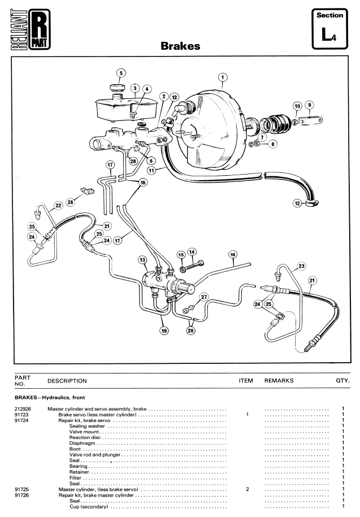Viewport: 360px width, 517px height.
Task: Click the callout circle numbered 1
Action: (223, 77)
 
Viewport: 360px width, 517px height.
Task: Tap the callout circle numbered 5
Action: (121, 73)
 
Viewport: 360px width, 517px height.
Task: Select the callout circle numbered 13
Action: (142, 260)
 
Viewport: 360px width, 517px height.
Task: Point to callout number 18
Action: (233, 254)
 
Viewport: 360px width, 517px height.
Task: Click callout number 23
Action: (301, 266)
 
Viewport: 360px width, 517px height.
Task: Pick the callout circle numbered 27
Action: (204, 297)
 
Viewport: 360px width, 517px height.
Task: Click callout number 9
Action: (309, 105)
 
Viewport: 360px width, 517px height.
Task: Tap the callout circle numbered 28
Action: (133, 161)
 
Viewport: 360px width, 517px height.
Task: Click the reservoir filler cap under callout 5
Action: (117, 88)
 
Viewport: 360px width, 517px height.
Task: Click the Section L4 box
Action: (329, 29)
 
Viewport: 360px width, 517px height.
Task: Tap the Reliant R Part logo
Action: (31, 29)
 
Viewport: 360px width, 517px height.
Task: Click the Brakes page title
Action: (180, 46)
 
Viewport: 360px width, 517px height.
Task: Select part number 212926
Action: (23, 409)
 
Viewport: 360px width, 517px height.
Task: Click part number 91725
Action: (21, 489)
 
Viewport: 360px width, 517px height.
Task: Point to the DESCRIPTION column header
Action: (67, 381)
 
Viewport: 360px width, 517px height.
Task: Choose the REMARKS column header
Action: (279, 380)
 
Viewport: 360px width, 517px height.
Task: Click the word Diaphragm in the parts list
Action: (82, 443)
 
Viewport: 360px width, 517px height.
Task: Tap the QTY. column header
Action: (343, 380)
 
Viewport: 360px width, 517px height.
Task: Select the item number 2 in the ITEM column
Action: (248, 489)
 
